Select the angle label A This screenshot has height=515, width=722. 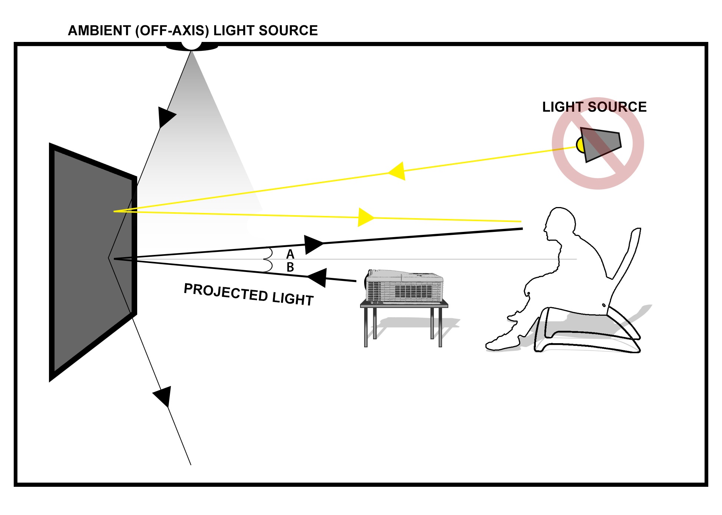(x=290, y=254)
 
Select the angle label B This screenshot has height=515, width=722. (x=290, y=267)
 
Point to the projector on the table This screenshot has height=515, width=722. (x=404, y=286)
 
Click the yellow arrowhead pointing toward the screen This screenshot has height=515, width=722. (x=398, y=171)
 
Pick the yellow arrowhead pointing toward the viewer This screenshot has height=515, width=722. (x=365, y=217)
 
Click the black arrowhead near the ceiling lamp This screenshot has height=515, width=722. (x=165, y=116)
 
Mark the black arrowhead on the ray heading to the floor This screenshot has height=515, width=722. (x=164, y=396)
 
